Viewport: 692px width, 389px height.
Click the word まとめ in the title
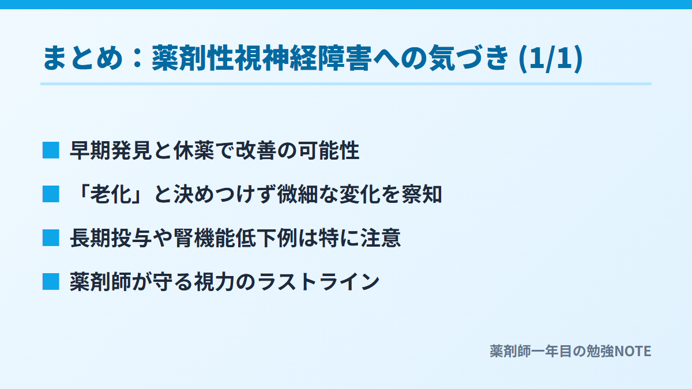coord(83,58)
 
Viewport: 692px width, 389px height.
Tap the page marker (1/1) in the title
coord(551,59)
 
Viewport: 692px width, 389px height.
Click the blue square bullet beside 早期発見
coord(51,150)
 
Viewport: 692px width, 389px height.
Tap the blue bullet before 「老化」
coord(51,194)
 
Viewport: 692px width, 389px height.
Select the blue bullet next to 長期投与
coord(51,238)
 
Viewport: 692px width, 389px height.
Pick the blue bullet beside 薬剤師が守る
coord(51,282)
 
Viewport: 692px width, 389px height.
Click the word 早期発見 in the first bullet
coord(111,150)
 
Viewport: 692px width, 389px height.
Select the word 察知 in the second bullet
coord(422,195)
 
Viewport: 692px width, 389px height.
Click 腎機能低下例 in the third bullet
coord(235,239)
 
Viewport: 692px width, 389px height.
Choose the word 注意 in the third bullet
coord(381,239)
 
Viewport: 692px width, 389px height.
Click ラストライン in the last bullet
coord(318,282)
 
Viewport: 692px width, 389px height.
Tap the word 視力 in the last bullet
coord(214,282)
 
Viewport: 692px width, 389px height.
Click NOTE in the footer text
coord(633,352)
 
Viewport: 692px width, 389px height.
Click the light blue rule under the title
coord(346,84)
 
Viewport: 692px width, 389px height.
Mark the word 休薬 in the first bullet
coord(194,150)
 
